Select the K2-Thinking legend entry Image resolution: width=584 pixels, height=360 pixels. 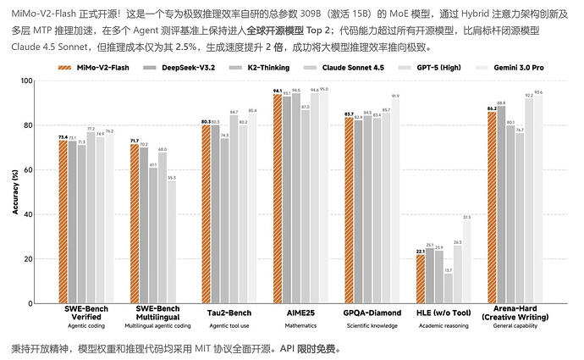301,66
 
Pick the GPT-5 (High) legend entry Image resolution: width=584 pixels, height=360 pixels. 444,66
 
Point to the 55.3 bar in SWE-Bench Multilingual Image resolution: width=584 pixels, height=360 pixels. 171,241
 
